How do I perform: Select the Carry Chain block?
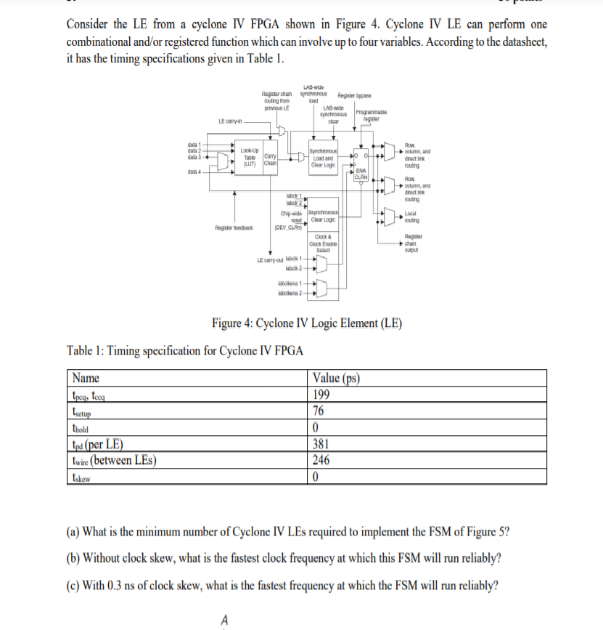270,158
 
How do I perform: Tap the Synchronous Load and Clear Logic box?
321,158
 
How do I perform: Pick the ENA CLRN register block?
361,174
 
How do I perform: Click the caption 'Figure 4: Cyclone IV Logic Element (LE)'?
307,323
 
